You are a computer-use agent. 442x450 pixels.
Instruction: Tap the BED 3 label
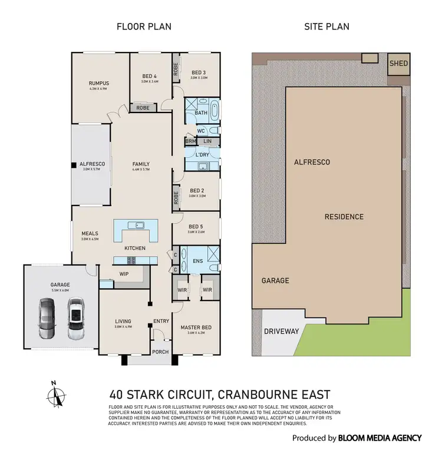[197, 72]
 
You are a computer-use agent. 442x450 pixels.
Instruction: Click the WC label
[200, 130]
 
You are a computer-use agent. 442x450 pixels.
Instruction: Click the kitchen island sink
[136, 224]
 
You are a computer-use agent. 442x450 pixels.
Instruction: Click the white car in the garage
[75, 318]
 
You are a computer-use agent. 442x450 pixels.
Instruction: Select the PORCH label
[160, 352]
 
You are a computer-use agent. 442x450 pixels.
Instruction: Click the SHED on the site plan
[398, 64]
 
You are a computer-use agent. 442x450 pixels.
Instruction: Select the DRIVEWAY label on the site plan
[282, 332]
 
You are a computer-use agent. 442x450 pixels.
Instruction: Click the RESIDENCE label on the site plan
[344, 217]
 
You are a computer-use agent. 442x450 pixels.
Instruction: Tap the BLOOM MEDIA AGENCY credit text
[380, 438]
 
